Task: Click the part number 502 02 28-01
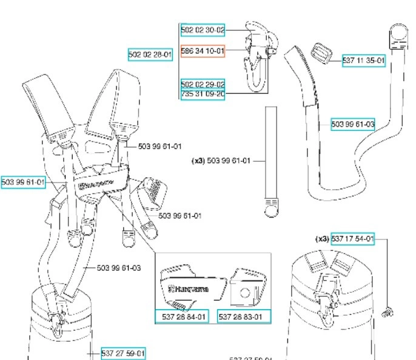click(x=150, y=55)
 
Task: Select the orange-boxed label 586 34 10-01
click(x=203, y=52)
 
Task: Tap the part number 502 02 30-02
click(x=203, y=29)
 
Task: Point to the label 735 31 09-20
click(x=203, y=94)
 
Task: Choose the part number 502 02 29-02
click(x=203, y=84)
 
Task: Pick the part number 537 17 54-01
click(x=352, y=239)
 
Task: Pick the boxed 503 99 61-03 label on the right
click(x=353, y=124)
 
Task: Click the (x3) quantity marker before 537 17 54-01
click(x=321, y=239)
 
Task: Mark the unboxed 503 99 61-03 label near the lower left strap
click(x=119, y=267)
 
